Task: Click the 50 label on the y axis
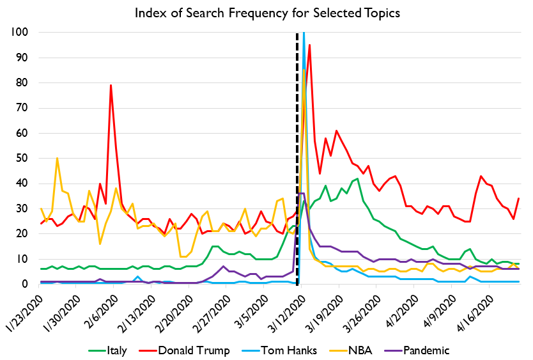coord(24,158)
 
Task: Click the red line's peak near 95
coord(309,45)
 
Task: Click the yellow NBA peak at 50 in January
coord(58,158)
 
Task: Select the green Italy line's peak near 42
coord(357,178)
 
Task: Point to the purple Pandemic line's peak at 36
coord(301,193)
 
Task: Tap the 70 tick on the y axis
coord(24,108)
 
